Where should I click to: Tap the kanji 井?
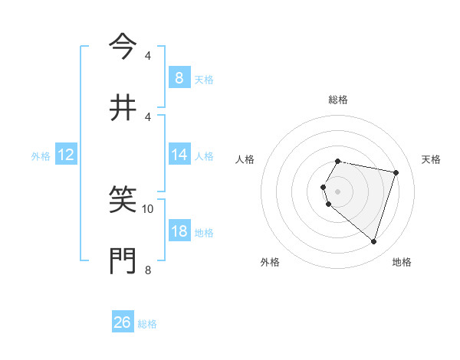click(x=123, y=108)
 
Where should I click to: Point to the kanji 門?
click(x=123, y=261)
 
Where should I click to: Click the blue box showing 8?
click(x=179, y=77)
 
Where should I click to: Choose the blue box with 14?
click(x=179, y=155)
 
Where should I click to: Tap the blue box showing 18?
click(x=179, y=231)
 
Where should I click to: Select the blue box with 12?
click(x=66, y=155)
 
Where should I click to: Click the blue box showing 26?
click(x=123, y=322)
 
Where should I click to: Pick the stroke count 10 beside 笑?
click(x=148, y=208)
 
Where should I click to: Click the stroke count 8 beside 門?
click(x=148, y=270)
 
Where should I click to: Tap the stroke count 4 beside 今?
click(x=148, y=56)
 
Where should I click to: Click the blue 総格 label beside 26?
click(x=147, y=323)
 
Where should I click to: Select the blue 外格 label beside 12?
click(x=41, y=155)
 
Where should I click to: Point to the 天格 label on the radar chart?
click(x=432, y=159)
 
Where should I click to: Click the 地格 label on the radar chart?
click(x=402, y=262)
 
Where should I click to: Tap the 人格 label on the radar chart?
click(x=245, y=159)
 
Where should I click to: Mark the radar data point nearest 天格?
click(x=396, y=172)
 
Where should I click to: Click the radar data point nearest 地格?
click(x=373, y=241)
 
